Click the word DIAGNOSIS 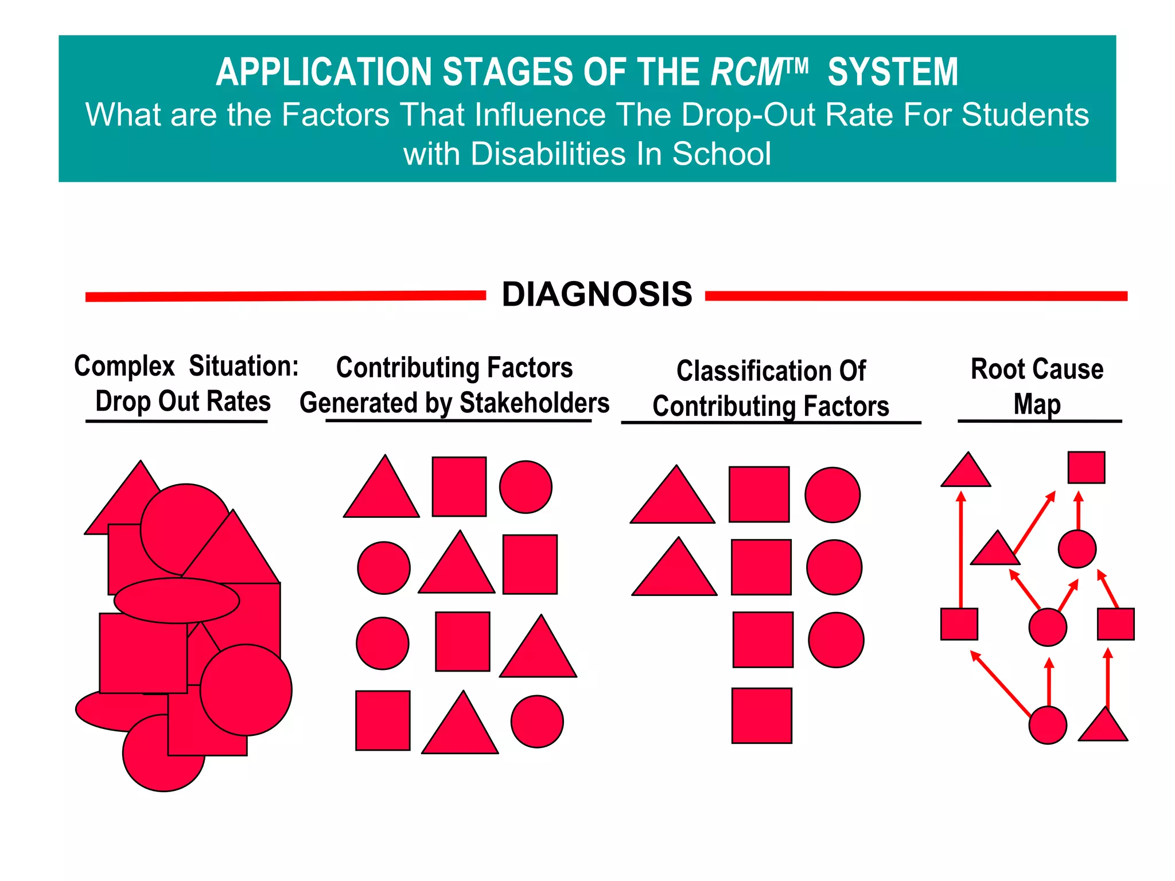[597, 295]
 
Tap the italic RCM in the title [748, 73]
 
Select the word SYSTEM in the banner [893, 73]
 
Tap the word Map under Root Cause [1037, 404]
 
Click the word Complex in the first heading [124, 366]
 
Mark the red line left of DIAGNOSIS [285, 296]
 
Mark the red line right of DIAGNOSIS [916, 296]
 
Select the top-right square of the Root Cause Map [1086, 467]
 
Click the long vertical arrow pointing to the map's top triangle [961, 551]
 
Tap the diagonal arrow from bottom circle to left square [1000, 683]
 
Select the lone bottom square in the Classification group [761, 716]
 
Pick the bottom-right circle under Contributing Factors [537, 722]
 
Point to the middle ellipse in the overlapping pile [177, 601]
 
